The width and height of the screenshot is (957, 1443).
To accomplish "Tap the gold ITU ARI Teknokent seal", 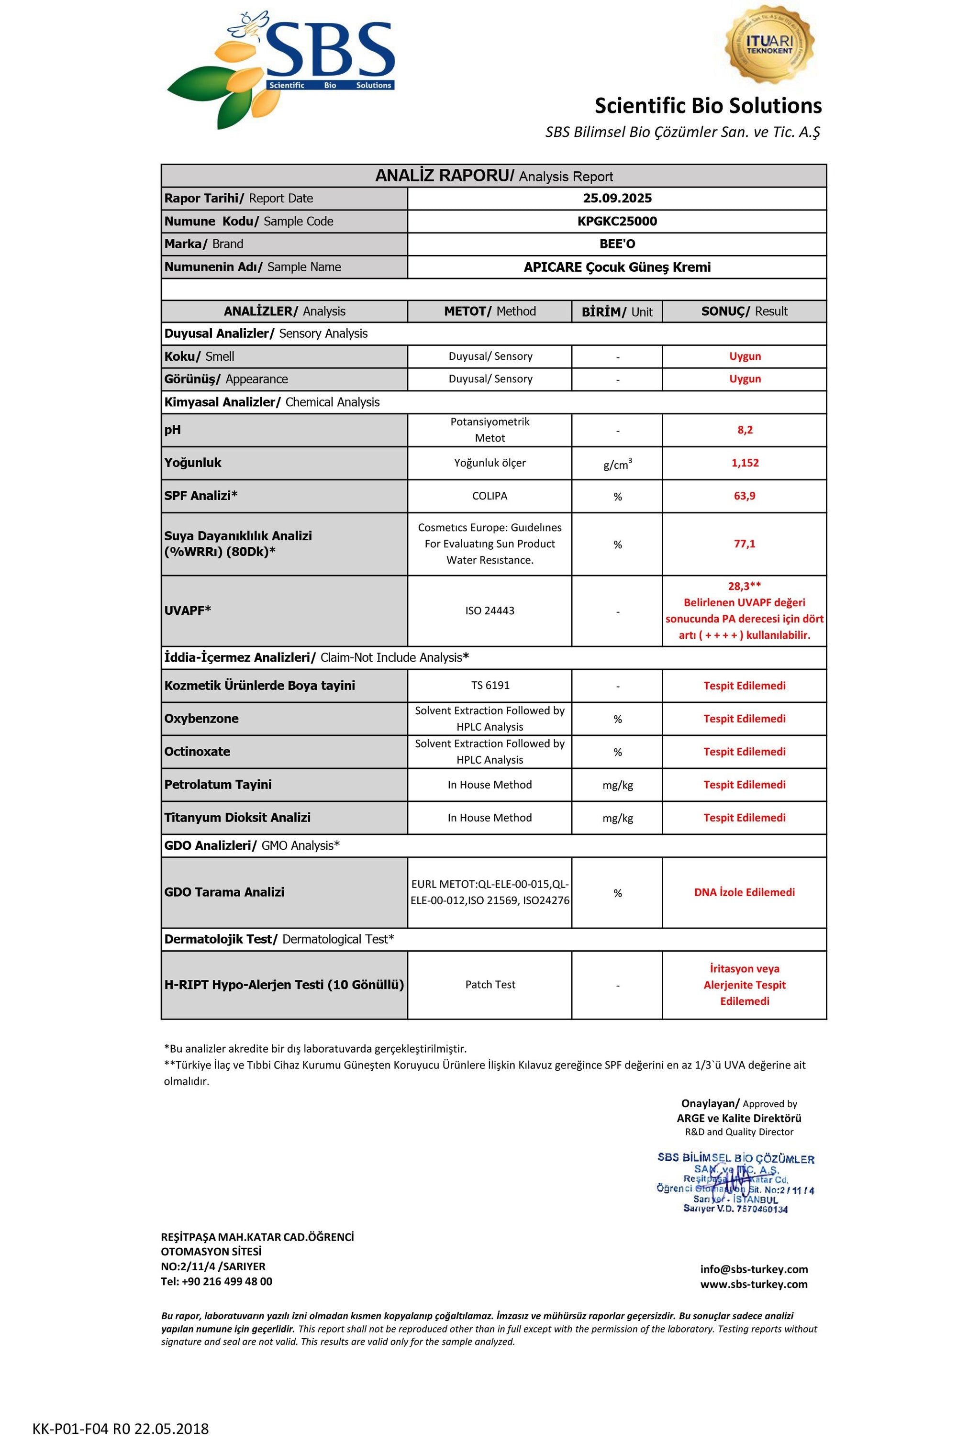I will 768,44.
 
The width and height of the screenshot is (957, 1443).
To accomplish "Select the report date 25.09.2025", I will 617,198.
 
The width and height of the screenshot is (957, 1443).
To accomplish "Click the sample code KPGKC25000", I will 617,221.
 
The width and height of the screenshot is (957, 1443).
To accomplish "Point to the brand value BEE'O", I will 617,244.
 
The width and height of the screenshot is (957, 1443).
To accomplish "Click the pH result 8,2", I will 745,430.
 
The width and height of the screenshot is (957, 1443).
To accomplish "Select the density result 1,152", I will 745,463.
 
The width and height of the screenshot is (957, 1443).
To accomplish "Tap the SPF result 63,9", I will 745,496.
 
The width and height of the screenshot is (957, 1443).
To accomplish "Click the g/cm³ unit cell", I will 617,464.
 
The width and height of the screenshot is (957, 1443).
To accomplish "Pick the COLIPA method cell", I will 490,496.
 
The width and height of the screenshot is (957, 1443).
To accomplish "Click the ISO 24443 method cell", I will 490,610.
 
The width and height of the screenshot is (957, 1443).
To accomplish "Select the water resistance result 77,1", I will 745,544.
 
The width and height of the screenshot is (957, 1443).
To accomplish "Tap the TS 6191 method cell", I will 490,685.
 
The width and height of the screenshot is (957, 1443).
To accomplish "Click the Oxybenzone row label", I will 201,718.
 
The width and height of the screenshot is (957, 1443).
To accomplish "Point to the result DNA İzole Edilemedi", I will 745,892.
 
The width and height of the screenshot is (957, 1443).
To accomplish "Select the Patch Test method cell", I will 490,984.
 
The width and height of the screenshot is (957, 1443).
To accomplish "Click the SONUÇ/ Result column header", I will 745,311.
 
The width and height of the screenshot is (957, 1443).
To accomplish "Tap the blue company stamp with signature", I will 735,1182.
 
